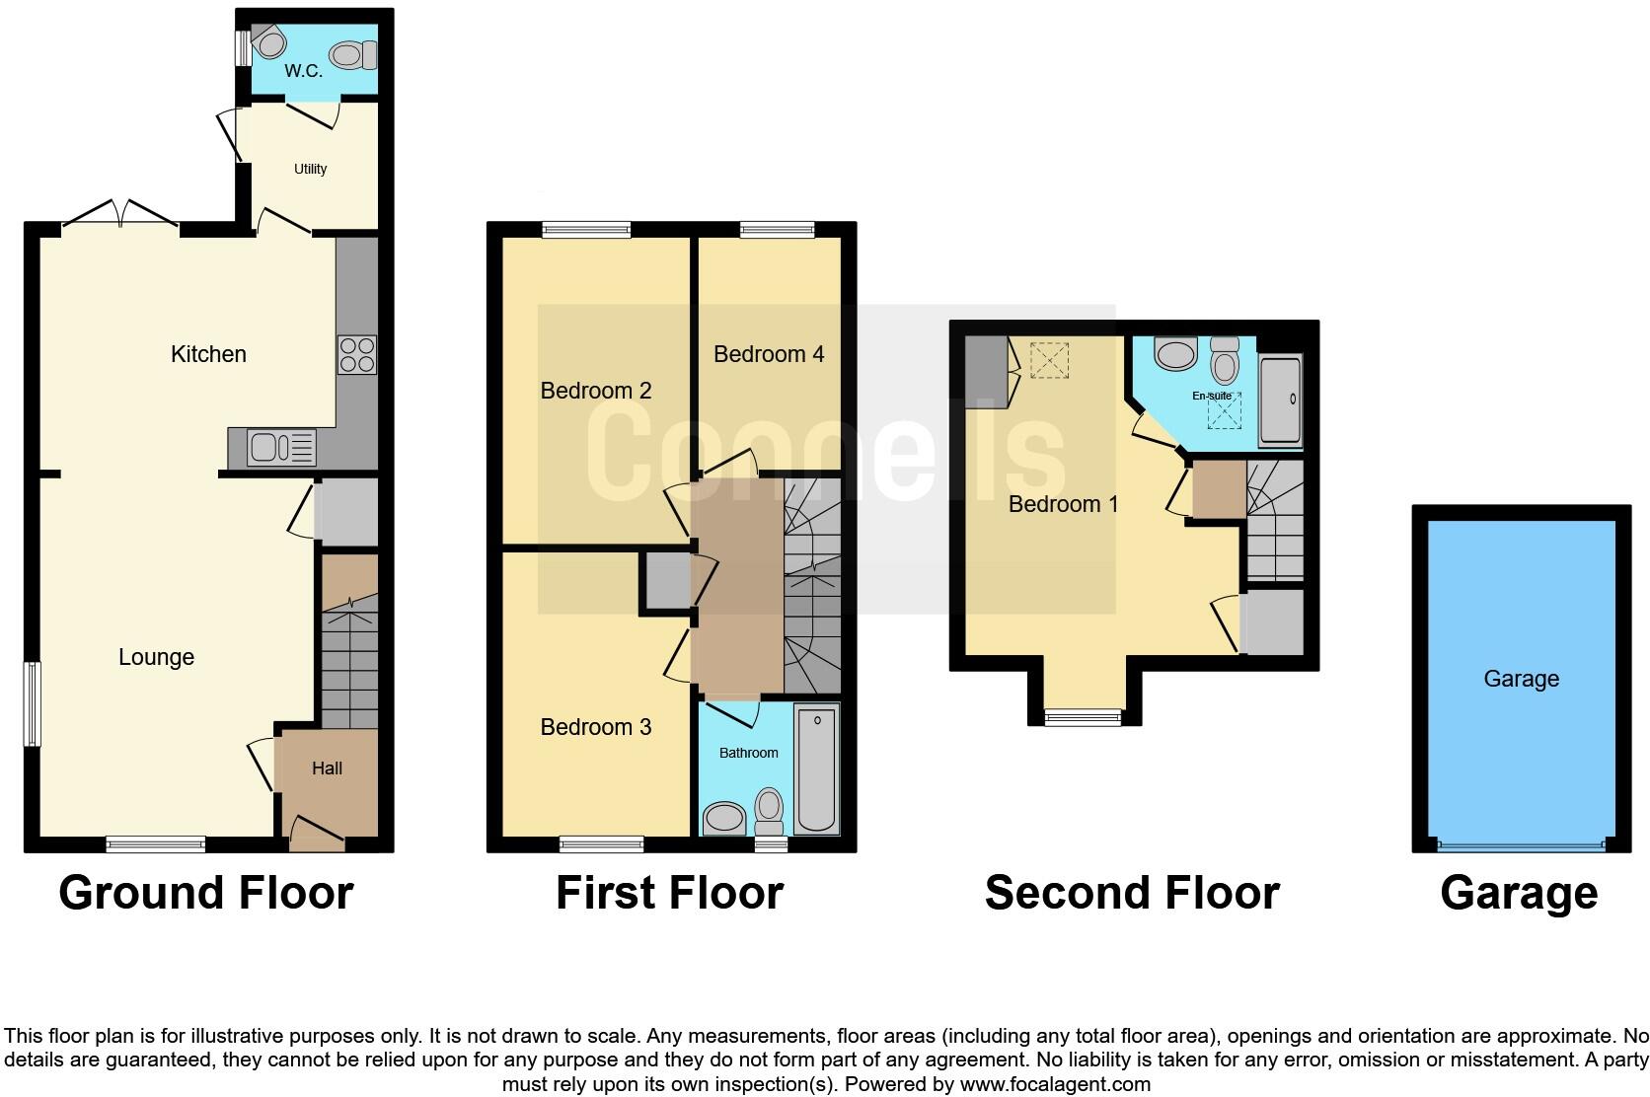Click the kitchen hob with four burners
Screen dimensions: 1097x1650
(x=356, y=355)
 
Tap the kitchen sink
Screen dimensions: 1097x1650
(x=281, y=448)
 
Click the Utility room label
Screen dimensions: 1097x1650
(x=310, y=169)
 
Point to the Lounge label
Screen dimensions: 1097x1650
(x=156, y=657)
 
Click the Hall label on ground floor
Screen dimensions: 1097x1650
(x=327, y=768)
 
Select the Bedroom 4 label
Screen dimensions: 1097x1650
(x=769, y=354)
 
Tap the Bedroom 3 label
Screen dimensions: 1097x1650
(x=595, y=727)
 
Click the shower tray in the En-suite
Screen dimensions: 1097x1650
(x=1280, y=400)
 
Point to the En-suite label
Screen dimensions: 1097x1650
(x=1212, y=396)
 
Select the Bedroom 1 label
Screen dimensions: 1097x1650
(x=1063, y=504)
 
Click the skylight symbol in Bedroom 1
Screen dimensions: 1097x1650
(x=1048, y=360)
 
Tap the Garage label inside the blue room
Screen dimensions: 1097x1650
(x=1521, y=679)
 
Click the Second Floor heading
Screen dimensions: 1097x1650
(x=1131, y=893)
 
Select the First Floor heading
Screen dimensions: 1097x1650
(x=669, y=893)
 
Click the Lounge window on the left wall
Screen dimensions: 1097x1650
(x=33, y=702)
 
